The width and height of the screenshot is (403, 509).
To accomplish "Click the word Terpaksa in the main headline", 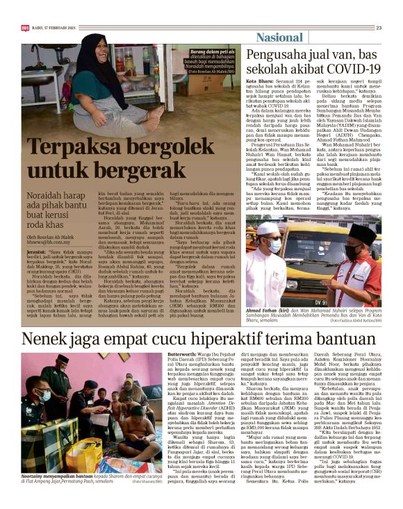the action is (68, 149).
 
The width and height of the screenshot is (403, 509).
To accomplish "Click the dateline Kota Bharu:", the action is (258, 81).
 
